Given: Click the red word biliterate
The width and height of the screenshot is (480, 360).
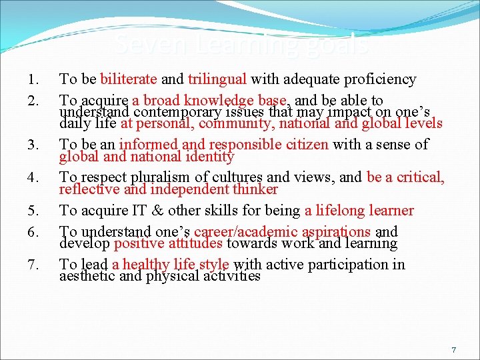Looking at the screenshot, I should [129, 80].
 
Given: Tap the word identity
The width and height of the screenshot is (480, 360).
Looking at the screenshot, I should [209, 157].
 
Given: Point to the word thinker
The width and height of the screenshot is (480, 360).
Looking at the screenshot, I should [253, 189].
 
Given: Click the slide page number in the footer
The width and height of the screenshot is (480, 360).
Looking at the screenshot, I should [454, 350].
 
